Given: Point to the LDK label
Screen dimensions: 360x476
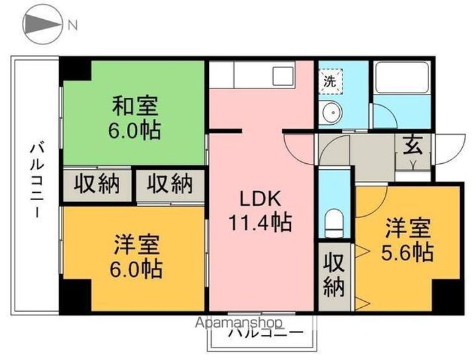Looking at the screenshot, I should (x=260, y=199).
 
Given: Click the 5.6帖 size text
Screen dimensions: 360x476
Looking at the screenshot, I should (x=410, y=252).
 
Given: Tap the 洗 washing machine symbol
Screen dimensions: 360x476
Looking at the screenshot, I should (x=329, y=82).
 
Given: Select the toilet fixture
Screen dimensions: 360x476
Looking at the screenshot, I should (x=335, y=221).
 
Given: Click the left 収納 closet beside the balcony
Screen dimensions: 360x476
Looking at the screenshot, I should (x=97, y=184).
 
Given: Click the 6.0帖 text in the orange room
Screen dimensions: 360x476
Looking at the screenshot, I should (x=136, y=269).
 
